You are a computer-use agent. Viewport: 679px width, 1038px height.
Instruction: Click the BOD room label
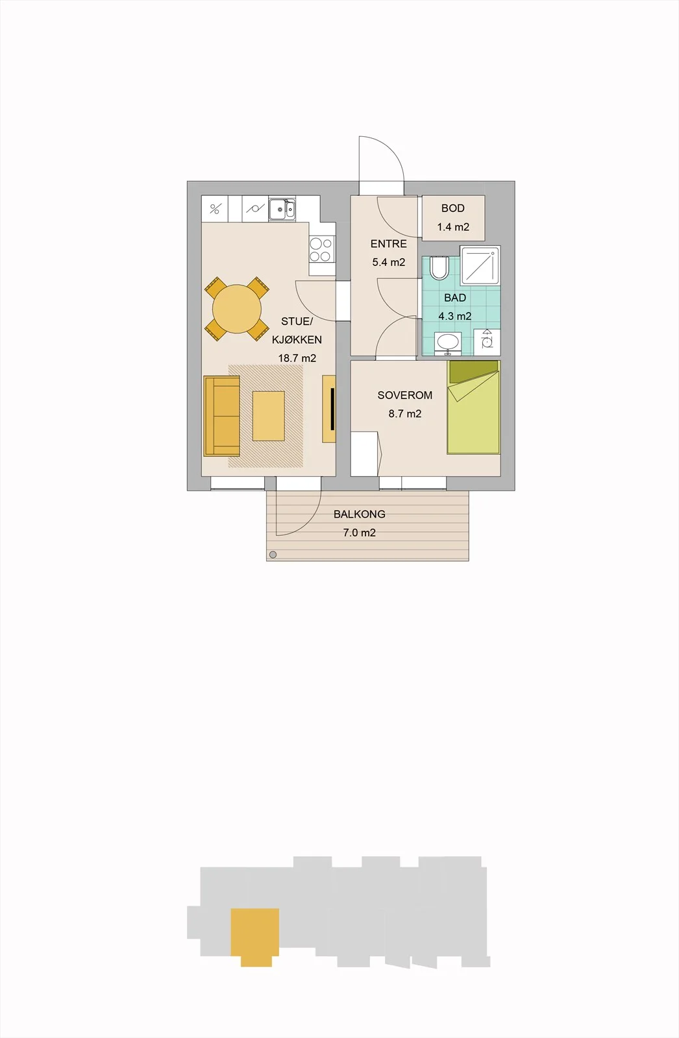(452, 208)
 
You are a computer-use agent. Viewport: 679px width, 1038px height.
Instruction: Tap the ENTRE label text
(389, 244)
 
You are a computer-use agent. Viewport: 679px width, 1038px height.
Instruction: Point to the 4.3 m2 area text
(455, 316)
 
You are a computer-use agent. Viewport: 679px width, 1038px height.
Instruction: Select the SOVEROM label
(405, 395)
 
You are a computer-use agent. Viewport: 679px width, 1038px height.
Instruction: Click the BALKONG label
(360, 514)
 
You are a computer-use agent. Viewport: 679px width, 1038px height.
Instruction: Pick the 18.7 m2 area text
(297, 357)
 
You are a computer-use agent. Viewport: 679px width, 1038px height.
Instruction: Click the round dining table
(237, 309)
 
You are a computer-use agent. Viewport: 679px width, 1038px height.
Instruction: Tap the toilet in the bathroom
(439, 267)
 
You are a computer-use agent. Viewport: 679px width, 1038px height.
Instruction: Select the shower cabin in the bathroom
(480, 265)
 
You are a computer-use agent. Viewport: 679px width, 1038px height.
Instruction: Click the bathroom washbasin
(447, 343)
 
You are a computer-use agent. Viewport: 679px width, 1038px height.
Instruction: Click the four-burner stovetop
(321, 250)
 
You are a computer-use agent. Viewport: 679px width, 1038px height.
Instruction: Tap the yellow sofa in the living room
(222, 416)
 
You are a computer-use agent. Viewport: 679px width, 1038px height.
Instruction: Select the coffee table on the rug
(269, 416)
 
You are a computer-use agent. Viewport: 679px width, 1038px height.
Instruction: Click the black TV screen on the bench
(332, 409)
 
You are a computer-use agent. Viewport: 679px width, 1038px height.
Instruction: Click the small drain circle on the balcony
(273, 555)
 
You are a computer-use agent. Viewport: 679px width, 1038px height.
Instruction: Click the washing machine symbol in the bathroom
(487, 343)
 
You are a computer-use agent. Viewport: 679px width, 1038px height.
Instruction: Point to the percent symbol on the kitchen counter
(214, 209)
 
